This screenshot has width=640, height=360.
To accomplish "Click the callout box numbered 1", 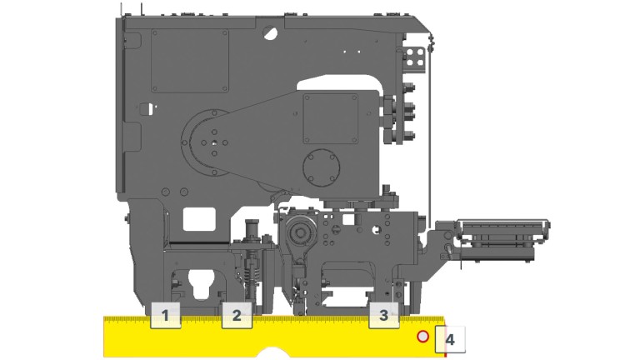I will point(166,315).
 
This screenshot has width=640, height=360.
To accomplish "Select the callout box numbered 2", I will point(237,315).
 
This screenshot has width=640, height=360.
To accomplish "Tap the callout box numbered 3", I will point(383,315).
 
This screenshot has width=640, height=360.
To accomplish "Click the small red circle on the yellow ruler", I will point(422,337).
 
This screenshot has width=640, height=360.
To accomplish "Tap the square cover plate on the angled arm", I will point(328,117).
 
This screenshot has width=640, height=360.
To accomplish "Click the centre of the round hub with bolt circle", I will point(215,143).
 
